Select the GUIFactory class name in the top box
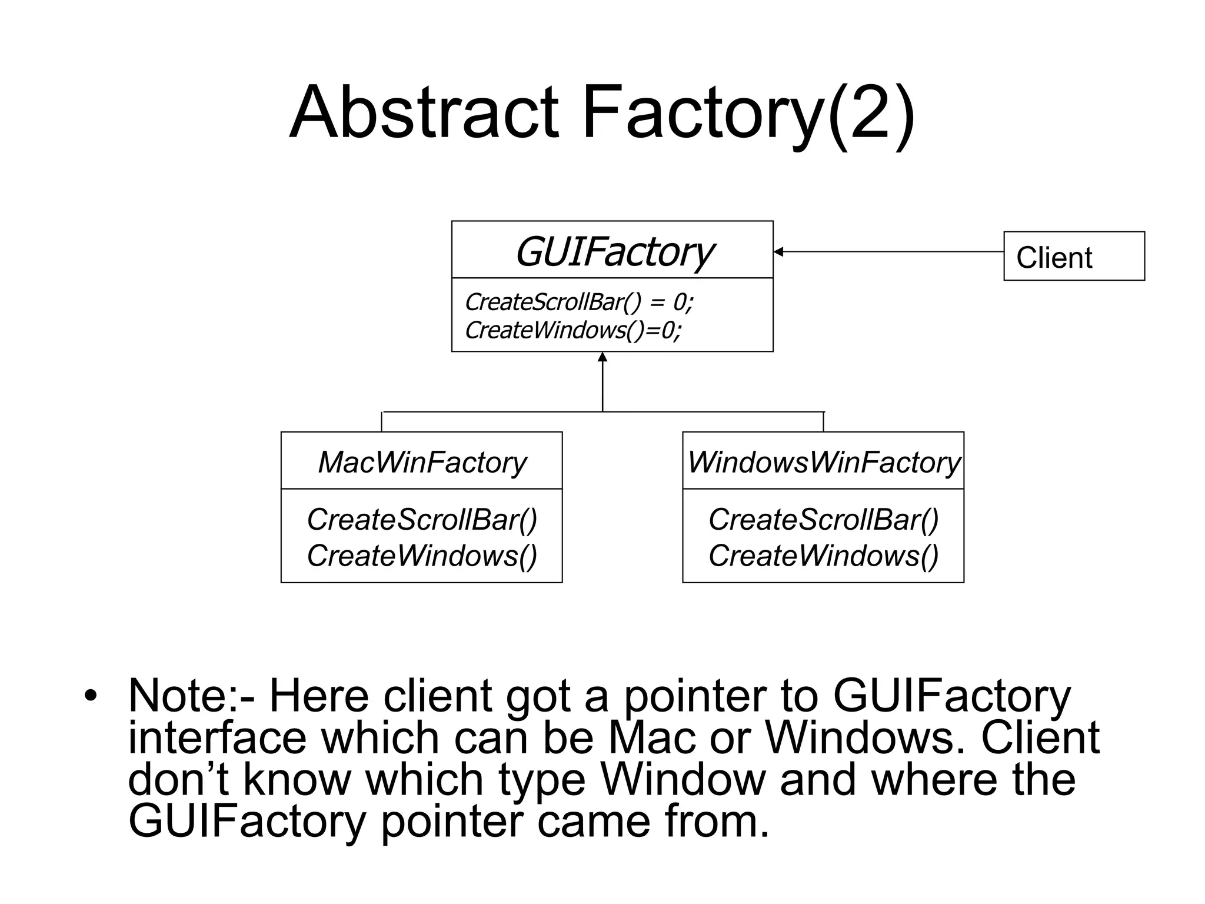coord(614,252)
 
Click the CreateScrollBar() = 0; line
coord(579,302)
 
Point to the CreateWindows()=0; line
coord(572,330)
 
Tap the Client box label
coord(1054,258)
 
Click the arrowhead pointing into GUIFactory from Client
coord(778,252)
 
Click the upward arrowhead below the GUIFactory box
coord(602,357)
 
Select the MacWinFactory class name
coord(422,462)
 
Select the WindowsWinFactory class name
coord(823,462)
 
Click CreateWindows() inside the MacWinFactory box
coord(422,556)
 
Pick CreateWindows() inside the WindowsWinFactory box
coord(823,556)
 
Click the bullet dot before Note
coord(89,696)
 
